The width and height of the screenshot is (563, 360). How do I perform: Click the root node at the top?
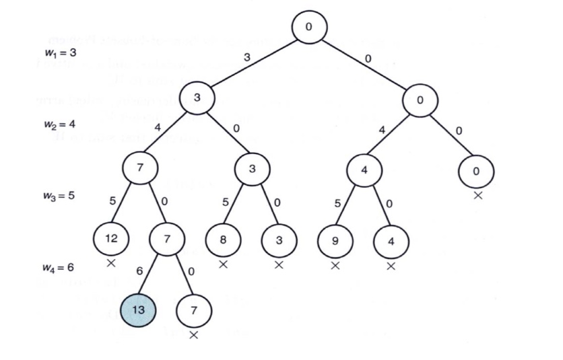(x=309, y=28)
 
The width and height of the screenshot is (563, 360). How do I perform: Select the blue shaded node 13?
(x=138, y=310)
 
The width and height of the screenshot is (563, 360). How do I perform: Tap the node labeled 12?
(x=112, y=238)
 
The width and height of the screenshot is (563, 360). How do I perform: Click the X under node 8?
(x=224, y=264)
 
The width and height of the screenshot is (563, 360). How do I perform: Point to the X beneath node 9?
(x=335, y=264)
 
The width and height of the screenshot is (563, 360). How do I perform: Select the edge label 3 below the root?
(x=246, y=58)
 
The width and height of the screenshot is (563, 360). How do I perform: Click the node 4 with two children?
(x=364, y=170)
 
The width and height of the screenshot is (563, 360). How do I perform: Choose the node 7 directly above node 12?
(x=140, y=168)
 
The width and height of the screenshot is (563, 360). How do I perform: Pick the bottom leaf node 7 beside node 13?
(x=194, y=310)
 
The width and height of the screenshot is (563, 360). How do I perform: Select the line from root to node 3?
(x=253, y=66)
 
